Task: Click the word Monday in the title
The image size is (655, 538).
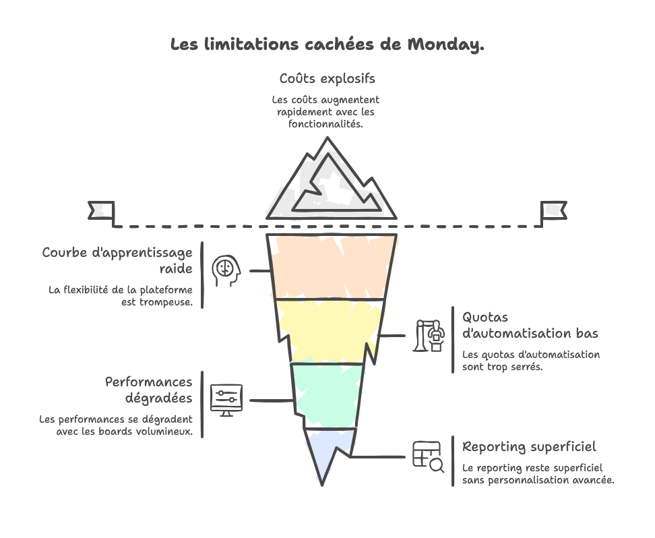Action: pos(445,45)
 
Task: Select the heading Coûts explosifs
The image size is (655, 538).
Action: pos(327,79)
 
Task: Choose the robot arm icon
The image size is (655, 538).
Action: pos(429,335)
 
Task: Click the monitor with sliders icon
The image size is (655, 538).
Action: pos(226,400)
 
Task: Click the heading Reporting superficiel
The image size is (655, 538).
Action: pos(529,446)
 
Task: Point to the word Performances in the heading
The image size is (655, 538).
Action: pos(149,383)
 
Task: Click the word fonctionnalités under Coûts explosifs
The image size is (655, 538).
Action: pos(326,125)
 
